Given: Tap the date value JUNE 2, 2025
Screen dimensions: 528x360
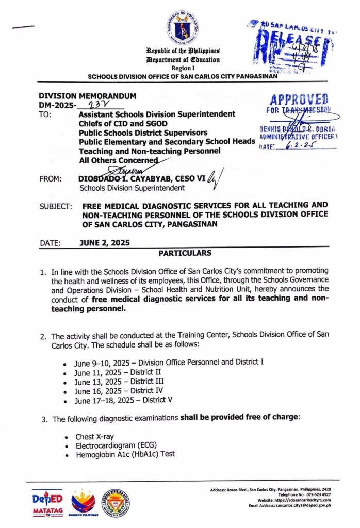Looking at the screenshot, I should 105,243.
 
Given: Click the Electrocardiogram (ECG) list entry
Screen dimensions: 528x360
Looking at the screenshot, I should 116,446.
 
